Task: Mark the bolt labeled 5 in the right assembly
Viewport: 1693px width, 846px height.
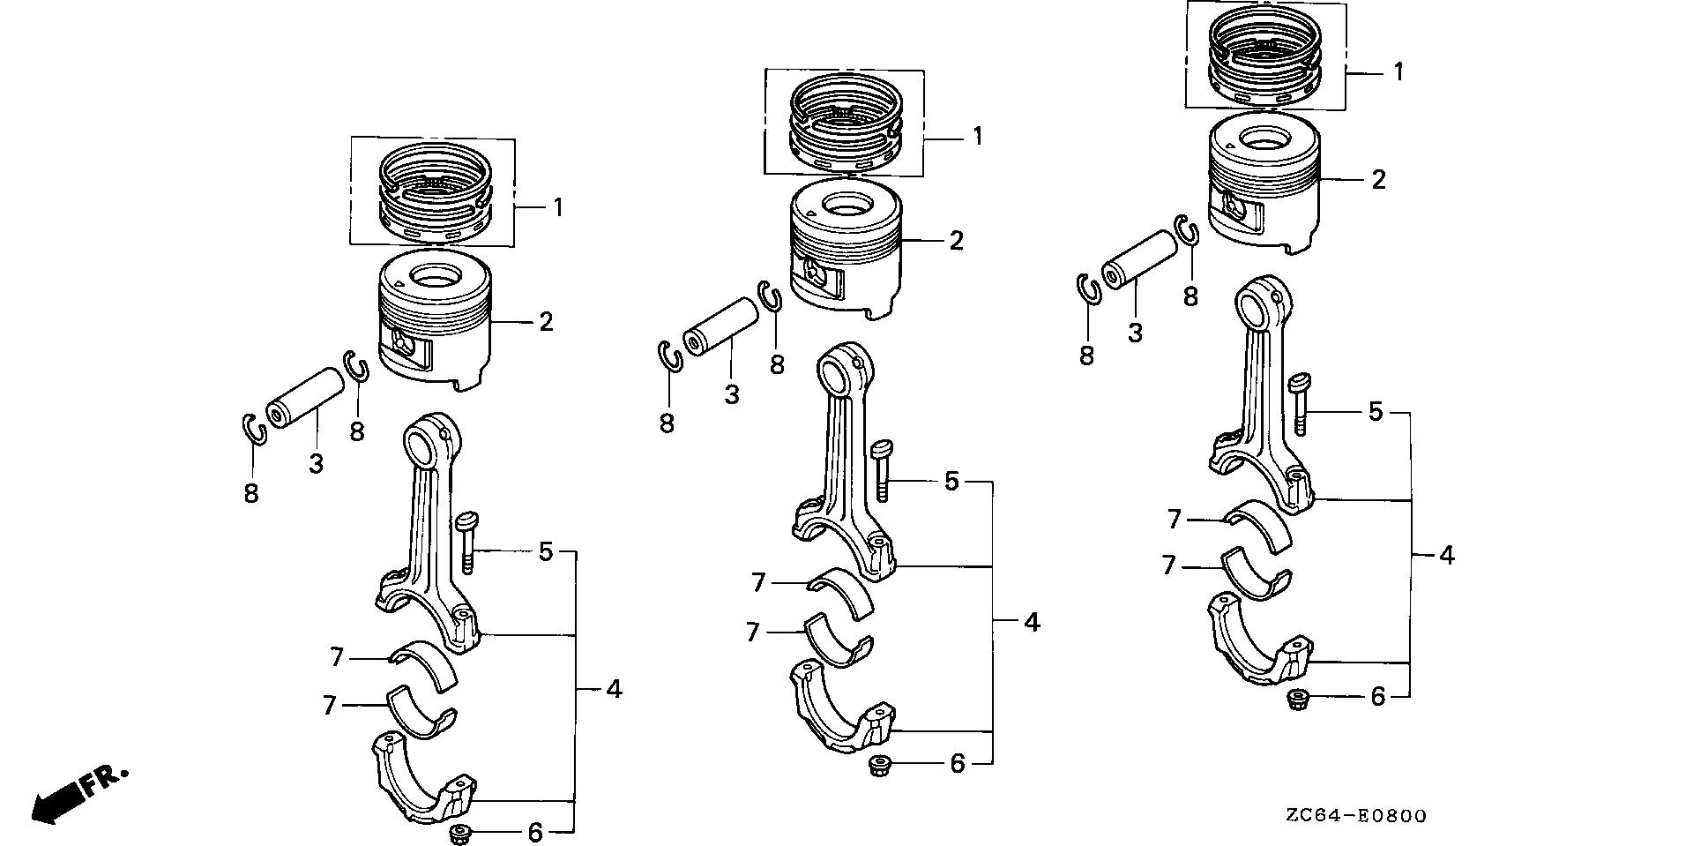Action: pos(1300,406)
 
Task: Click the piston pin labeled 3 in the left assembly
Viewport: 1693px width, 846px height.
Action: pos(304,398)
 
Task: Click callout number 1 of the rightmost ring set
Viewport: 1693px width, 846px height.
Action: pos(1398,71)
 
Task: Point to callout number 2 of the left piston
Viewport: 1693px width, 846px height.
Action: pos(546,322)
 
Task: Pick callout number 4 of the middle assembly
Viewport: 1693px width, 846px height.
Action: pos(1032,622)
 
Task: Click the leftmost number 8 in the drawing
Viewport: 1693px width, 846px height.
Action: pos(251,493)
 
